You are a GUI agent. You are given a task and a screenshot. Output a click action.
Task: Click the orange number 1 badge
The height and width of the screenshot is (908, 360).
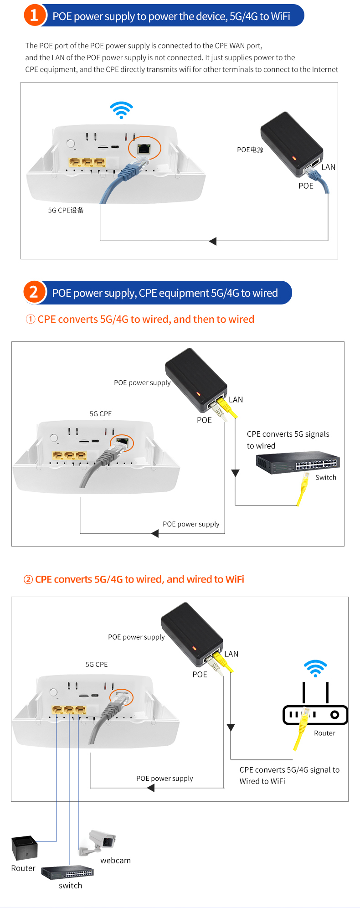point(35,15)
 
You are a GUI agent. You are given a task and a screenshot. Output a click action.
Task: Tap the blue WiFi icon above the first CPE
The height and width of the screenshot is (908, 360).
point(121,110)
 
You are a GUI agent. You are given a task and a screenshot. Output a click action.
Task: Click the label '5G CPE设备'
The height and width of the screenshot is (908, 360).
point(66,210)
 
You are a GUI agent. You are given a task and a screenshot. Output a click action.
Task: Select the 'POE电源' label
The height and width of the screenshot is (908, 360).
point(250,150)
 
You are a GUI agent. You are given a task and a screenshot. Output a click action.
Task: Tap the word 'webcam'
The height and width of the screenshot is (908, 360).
point(115,860)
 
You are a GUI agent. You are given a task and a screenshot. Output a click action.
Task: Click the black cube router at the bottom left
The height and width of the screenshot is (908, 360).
point(24,848)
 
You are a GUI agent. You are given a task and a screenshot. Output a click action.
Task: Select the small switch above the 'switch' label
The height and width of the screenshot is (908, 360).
point(67,872)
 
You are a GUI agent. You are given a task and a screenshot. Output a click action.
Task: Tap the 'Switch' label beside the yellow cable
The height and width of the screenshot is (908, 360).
point(326,477)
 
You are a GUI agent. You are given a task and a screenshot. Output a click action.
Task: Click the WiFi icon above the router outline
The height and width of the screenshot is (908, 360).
point(315,668)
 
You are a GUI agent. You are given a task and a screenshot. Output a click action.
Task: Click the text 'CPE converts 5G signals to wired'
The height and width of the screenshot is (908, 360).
point(288,440)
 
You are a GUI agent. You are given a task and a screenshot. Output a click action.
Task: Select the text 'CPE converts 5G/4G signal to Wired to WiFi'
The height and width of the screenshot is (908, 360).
point(289,775)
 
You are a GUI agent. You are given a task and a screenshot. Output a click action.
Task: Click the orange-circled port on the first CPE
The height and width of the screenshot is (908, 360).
point(144,148)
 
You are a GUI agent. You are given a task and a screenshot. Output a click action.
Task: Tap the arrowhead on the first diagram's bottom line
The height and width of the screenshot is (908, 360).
point(213,241)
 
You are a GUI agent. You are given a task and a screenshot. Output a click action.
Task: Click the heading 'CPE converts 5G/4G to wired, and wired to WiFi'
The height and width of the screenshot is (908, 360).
point(134,579)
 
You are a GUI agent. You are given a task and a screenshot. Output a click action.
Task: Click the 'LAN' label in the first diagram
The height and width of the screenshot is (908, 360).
point(328,167)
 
